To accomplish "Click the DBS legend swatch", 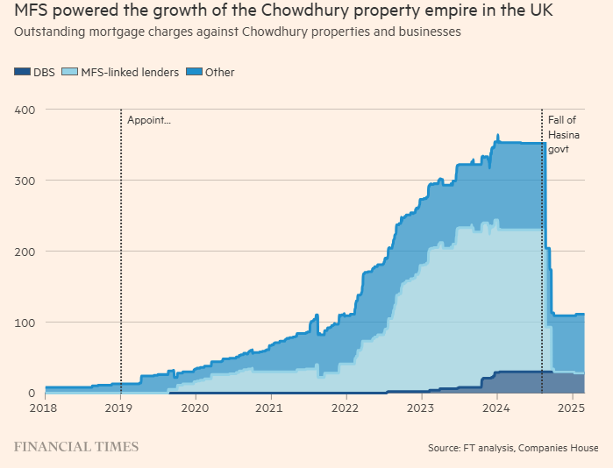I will tap(23, 73).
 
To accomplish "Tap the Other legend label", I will tap(219, 73).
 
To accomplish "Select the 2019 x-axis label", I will tap(119, 408).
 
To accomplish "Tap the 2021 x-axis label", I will tap(270, 408).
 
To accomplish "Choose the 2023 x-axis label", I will tap(421, 408).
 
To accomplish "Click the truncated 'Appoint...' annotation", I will tap(149, 120).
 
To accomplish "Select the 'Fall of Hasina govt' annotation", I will tap(563, 135).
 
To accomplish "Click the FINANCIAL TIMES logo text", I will tap(75, 447).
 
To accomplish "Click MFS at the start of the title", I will tap(31, 11).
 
